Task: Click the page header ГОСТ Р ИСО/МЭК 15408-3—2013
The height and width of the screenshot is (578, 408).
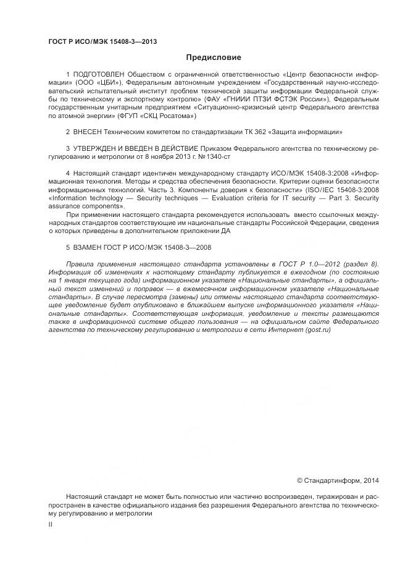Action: [x=102, y=41]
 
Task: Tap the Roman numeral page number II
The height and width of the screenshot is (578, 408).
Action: [x=51, y=524]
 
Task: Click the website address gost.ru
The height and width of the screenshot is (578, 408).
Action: [x=317, y=331]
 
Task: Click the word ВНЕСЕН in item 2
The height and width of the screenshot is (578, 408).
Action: [x=91, y=132]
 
